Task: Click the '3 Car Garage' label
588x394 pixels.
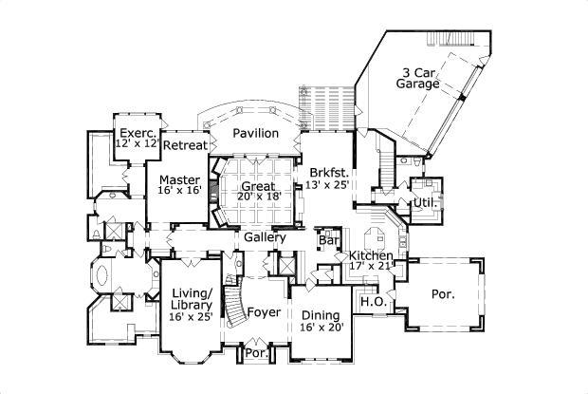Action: (418, 77)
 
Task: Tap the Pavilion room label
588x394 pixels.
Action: (257, 134)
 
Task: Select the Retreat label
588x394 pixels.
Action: (185, 145)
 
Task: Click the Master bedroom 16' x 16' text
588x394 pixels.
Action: (178, 185)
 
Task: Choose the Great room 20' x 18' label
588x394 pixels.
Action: (257, 193)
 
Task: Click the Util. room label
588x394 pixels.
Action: (422, 204)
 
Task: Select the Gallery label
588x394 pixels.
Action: (265, 237)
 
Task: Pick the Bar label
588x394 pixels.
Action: (329, 241)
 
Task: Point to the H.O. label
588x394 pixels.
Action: (371, 302)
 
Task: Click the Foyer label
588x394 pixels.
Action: (263, 312)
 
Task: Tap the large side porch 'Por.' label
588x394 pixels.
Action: (443, 294)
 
